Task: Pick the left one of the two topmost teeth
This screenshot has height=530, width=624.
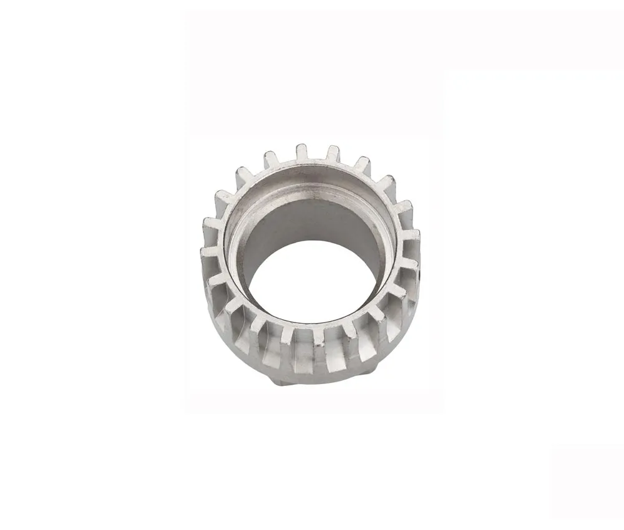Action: (x=301, y=152)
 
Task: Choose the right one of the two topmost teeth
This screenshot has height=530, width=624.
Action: (x=333, y=153)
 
